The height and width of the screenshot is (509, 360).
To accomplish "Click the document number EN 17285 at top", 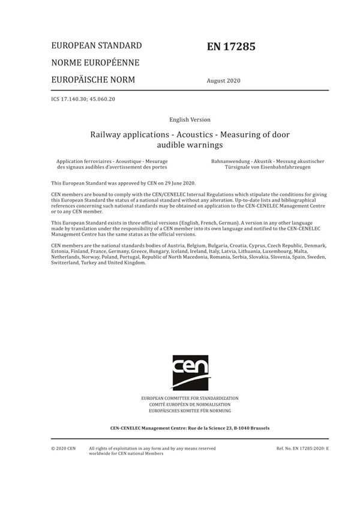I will point(230,46).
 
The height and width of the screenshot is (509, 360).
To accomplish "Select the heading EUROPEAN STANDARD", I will point(97,46).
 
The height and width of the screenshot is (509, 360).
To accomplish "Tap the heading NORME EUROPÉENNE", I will point(95,63).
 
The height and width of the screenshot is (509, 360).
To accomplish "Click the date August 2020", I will point(223,81).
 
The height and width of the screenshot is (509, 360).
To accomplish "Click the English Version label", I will point(190,120).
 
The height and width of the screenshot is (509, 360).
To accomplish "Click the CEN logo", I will point(190,372).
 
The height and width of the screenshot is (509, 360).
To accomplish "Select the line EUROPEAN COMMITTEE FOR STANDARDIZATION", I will point(190,398).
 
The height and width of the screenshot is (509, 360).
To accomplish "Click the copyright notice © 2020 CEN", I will point(64,448).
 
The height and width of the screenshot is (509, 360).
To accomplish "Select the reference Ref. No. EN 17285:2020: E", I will point(302,448).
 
